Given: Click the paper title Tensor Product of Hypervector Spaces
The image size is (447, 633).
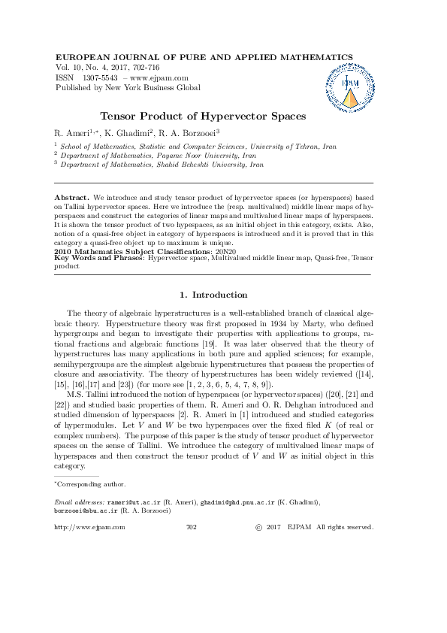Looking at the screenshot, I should click(x=204, y=117).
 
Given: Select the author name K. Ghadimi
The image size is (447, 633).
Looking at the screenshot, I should click(x=133, y=133).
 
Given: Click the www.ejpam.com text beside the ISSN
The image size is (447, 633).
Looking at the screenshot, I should click(x=159, y=77).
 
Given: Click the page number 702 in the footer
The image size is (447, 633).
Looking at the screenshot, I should click(x=191, y=528).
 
